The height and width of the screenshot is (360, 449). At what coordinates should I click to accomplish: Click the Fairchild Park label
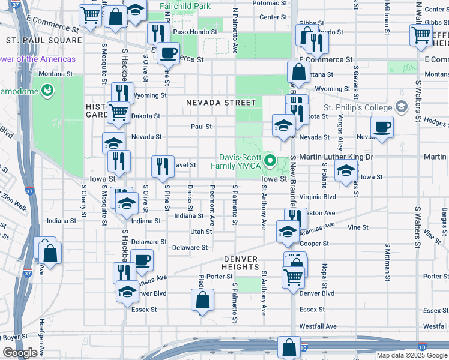[x=185, y=6]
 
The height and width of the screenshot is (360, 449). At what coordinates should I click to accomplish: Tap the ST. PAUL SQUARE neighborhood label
[x=44, y=40]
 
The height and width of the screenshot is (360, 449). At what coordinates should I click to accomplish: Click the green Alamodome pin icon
[x=47, y=91]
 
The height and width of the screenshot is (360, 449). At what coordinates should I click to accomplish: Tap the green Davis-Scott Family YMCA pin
[x=270, y=160]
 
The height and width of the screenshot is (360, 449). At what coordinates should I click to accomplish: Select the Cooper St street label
[x=314, y=244]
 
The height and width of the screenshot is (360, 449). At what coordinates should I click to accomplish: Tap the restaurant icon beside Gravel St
[x=162, y=166]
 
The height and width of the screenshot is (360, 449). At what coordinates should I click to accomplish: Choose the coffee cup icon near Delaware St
[x=142, y=260]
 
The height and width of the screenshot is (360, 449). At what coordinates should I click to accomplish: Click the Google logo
[x=20, y=353]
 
